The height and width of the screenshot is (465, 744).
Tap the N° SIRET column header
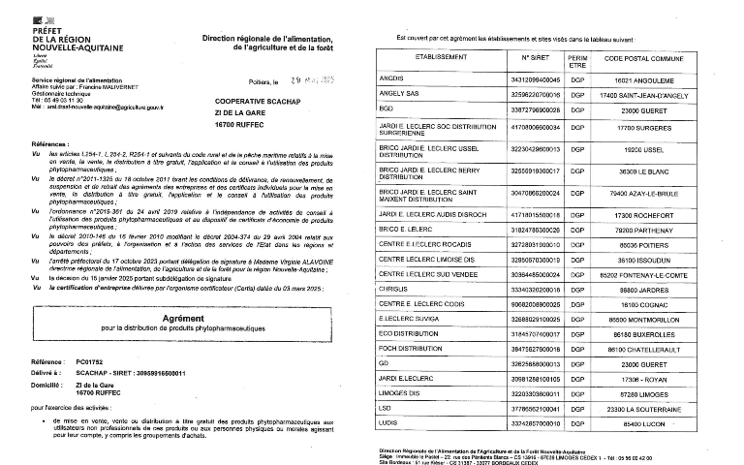534,58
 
